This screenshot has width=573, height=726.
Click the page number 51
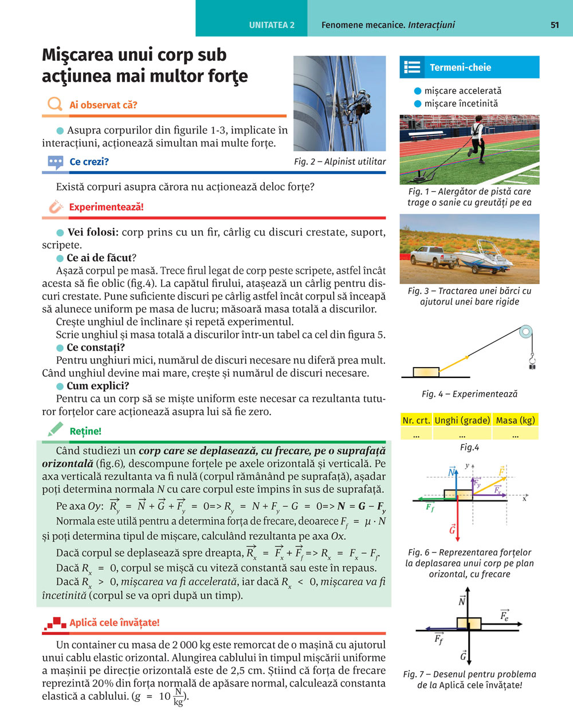pos(554,25)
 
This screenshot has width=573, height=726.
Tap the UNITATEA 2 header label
pos(272,25)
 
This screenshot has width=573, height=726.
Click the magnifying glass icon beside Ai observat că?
pos(54,104)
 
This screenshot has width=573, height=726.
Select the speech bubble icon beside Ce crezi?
pos(55,163)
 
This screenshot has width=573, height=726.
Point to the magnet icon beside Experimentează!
pos(55,207)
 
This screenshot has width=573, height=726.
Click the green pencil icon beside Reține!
pos(55,429)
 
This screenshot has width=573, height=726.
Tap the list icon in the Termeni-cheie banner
pos(412,68)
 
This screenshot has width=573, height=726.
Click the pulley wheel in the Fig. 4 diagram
pos(525,332)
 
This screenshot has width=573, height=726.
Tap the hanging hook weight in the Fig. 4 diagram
pos(532,362)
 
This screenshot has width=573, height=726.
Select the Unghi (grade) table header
pos(462,420)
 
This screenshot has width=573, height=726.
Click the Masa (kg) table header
pos(515,420)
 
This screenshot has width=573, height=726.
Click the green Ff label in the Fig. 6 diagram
pos(430,507)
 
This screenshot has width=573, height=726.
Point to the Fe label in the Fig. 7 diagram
pos(504,615)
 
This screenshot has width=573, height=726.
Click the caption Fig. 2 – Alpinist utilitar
pos(340,162)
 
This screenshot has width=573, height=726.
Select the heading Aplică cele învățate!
pos(114,623)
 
